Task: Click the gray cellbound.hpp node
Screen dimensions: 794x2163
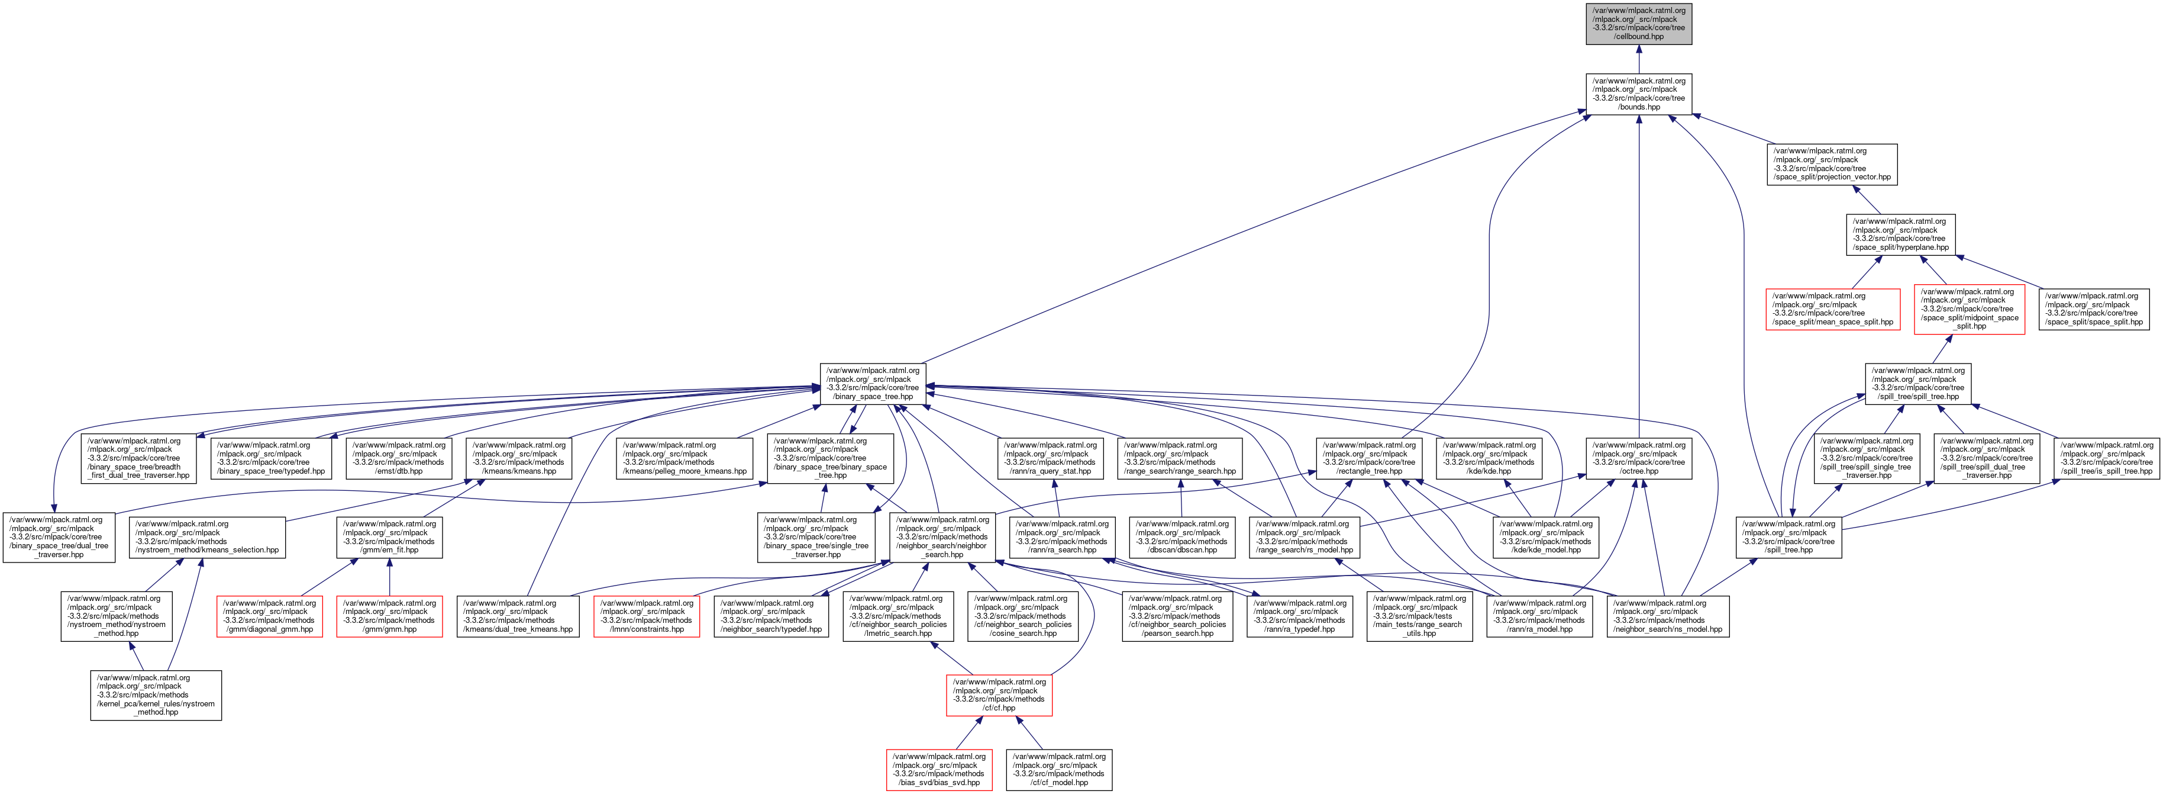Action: [x=1638, y=24]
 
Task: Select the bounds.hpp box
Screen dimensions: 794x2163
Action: [x=1638, y=94]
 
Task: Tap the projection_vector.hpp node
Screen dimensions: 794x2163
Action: [x=1831, y=164]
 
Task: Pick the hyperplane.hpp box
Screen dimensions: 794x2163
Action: [x=1900, y=234]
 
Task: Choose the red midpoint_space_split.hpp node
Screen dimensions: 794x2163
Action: [x=1969, y=309]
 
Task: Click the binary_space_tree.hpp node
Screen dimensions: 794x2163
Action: [x=873, y=383]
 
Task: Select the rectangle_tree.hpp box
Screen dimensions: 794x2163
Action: [x=1368, y=458]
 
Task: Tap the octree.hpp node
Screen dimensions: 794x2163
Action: [x=1638, y=458]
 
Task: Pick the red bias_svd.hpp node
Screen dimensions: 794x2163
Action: [x=939, y=770]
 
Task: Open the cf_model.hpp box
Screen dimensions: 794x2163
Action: [x=1059, y=770]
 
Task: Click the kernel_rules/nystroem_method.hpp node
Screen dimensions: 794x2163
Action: [x=156, y=695]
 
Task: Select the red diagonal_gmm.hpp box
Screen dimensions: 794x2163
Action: [x=270, y=616]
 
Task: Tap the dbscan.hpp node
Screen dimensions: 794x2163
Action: [x=1181, y=537]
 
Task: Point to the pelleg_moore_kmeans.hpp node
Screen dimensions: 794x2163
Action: [x=685, y=458]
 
